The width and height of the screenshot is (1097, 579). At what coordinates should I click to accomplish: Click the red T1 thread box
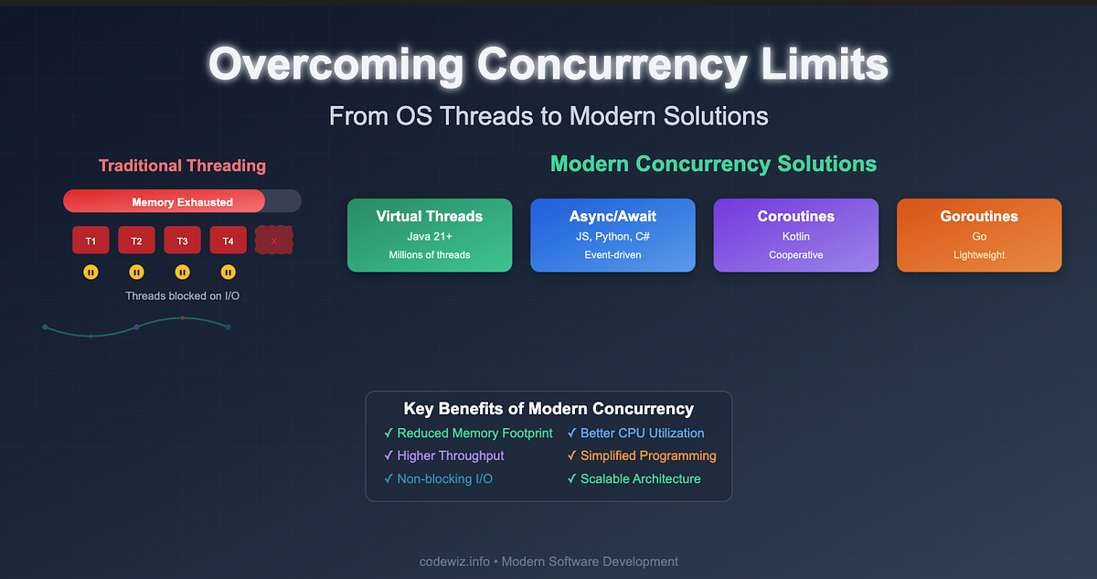click(91, 240)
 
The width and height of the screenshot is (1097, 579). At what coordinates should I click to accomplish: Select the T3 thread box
click(182, 240)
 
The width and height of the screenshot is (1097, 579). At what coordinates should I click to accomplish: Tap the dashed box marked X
click(273, 240)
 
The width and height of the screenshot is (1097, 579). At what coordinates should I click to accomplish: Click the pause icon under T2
click(136, 272)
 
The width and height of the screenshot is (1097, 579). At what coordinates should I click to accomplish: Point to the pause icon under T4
click(229, 272)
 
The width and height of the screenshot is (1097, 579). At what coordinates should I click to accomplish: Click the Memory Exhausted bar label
click(182, 202)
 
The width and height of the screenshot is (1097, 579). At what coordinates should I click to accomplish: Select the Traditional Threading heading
click(182, 166)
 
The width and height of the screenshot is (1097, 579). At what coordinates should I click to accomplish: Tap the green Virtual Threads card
click(430, 235)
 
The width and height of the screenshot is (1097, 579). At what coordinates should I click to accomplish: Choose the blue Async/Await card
click(612, 235)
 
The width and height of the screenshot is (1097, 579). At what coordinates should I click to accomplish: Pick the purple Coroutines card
click(796, 235)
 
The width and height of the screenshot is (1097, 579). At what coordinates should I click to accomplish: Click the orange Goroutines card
click(979, 235)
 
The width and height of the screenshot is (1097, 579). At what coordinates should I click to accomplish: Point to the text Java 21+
click(430, 236)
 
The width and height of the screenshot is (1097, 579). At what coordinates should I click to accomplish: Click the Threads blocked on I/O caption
click(182, 295)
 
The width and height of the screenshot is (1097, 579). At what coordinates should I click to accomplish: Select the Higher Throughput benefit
click(450, 456)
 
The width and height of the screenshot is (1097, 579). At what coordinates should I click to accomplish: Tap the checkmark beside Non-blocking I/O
click(389, 478)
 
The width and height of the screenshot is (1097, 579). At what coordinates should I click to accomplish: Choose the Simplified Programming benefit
click(648, 456)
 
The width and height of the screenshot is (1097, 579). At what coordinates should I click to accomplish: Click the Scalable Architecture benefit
click(640, 478)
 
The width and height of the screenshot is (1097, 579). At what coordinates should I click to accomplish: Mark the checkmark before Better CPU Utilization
click(571, 433)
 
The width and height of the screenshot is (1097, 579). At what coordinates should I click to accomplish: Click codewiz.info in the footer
click(454, 562)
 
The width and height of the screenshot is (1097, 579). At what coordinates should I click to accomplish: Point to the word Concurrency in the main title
click(612, 65)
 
